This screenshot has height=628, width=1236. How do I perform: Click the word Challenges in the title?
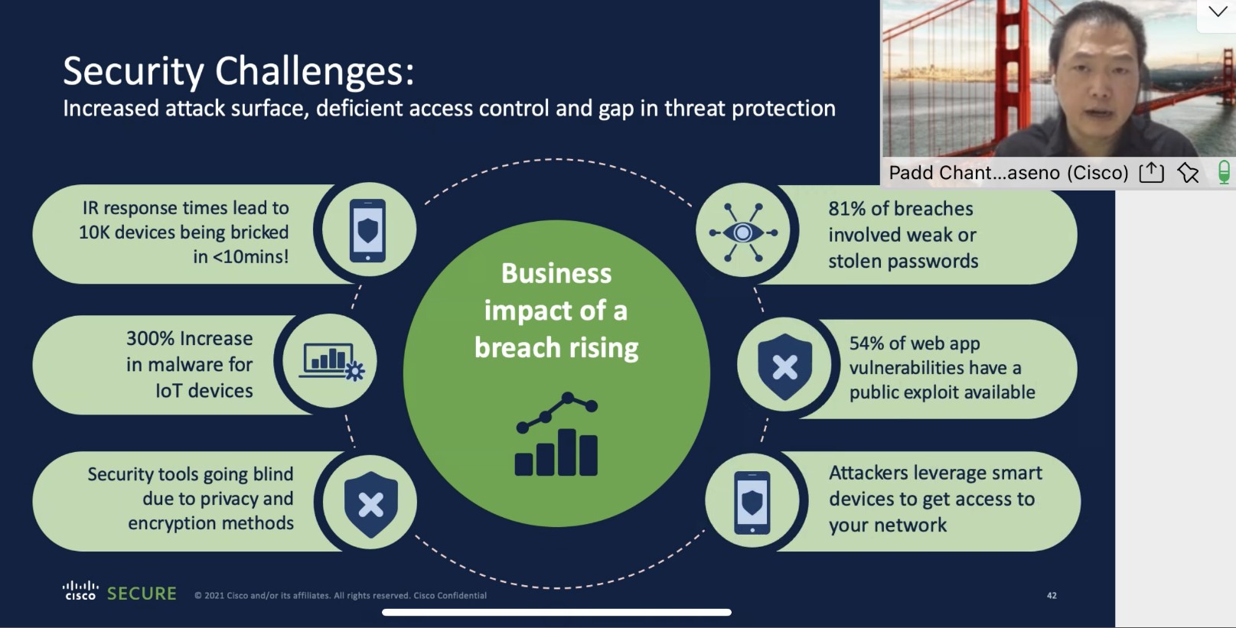[x=314, y=72]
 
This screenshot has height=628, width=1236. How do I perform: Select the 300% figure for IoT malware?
[x=151, y=338]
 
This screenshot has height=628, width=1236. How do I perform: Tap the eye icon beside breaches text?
[x=742, y=232]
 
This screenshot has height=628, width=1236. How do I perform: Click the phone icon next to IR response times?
[x=367, y=230]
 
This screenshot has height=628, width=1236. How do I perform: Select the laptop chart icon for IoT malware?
[x=331, y=362]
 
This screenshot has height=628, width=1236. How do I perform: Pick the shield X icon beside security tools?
[x=370, y=505]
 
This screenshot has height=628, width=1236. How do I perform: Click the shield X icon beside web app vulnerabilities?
[x=784, y=366]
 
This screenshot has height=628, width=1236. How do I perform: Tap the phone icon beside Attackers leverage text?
[x=752, y=503]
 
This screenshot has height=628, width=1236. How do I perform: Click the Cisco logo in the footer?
[x=80, y=590]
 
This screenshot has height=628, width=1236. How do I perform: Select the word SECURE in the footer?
[x=142, y=594]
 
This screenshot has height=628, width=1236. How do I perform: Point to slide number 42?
[x=1052, y=595]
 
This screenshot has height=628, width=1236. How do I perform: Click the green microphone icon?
[x=1225, y=173]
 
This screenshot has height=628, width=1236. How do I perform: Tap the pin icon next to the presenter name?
[x=1188, y=173]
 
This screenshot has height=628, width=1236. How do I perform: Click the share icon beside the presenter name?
[x=1152, y=173]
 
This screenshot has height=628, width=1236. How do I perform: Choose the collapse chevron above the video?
[x=1217, y=11]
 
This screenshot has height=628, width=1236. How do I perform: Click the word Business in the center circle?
[x=556, y=274]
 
